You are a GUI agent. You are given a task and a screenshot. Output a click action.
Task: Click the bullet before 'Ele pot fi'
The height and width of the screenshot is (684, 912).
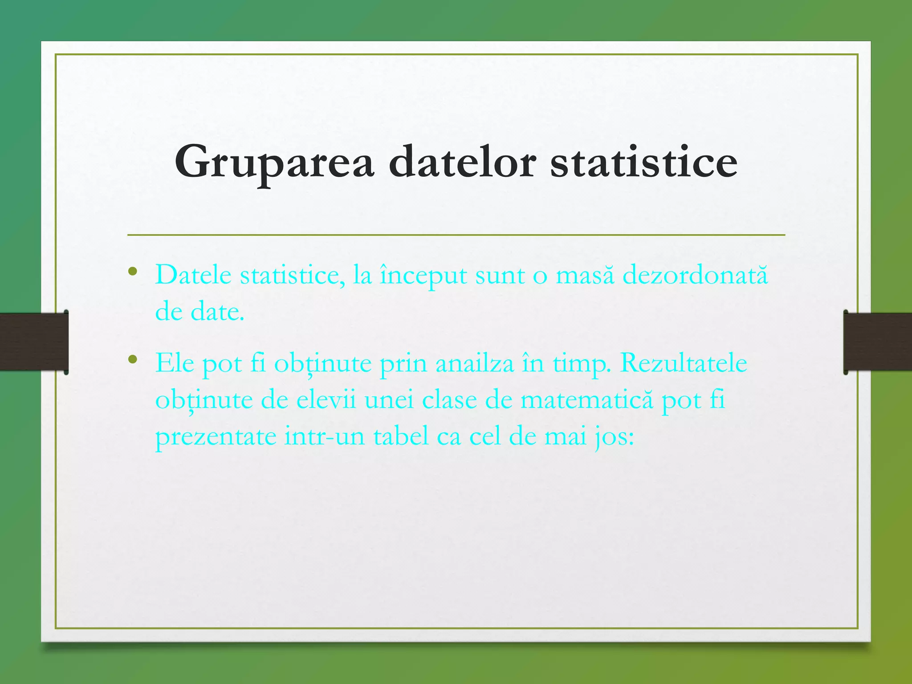[132, 359]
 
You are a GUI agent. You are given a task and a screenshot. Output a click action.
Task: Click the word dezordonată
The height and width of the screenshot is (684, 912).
[695, 275]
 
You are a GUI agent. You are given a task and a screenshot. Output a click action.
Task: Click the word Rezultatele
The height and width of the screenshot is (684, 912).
[683, 363]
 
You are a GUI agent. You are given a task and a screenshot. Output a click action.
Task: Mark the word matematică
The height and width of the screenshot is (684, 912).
[586, 399]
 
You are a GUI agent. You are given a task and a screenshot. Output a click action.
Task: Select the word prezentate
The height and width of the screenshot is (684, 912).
[216, 436]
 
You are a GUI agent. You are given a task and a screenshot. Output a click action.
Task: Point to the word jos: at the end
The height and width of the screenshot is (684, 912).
[615, 436]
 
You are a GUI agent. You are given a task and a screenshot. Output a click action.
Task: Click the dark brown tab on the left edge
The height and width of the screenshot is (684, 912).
[34, 342]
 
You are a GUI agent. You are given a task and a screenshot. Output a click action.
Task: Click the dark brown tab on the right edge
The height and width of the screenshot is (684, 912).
[878, 342]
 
